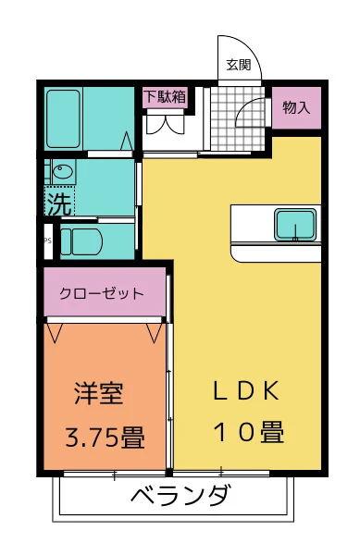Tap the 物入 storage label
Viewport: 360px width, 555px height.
click(x=296, y=107)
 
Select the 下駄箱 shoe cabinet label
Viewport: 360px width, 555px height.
click(x=165, y=95)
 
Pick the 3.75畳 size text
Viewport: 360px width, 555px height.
click(x=105, y=437)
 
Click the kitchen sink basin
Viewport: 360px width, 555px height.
click(x=295, y=224)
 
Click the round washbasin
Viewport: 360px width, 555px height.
click(x=62, y=172)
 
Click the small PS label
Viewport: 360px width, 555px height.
click(x=46, y=241)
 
